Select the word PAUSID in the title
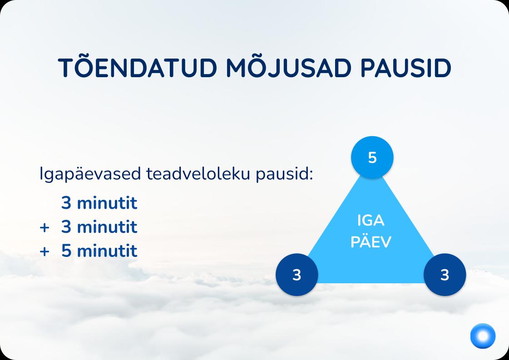click(406, 68)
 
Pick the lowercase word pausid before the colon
click(282, 174)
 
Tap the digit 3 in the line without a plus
click(66, 203)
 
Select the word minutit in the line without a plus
click(107, 203)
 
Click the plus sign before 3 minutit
click(44, 227)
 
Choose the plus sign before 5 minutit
click(44, 252)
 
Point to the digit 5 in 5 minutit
click(66, 251)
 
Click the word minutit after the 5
click(107, 251)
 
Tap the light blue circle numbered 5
click(372, 158)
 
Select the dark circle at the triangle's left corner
click(297, 275)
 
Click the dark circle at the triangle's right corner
click(445, 275)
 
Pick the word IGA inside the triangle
click(371, 221)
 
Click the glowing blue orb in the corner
click(483, 336)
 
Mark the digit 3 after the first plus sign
click(66, 227)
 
